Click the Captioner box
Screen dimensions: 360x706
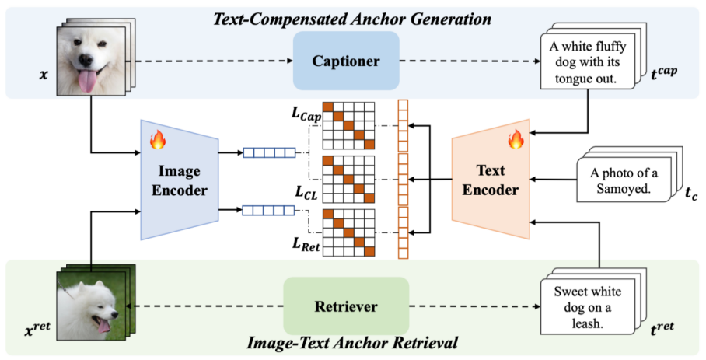click(346, 61)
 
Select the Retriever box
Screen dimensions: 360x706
click(346, 306)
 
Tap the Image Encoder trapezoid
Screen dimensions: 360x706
click(180, 180)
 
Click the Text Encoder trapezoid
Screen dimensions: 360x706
click(490, 180)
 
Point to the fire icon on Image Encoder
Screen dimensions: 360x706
click(158, 140)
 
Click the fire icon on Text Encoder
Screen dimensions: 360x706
click(514, 140)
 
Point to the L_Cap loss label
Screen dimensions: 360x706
click(306, 114)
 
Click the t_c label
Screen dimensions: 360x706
click(690, 196)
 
